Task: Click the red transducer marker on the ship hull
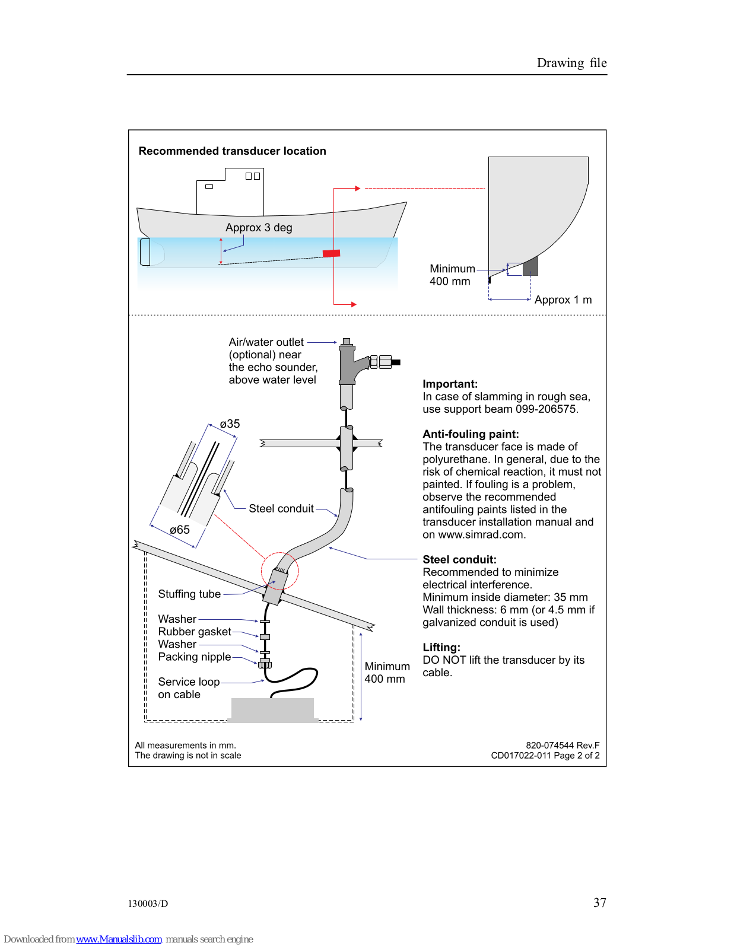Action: (331, 253)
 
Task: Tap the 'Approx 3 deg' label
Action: (259, 228)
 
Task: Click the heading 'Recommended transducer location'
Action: (232, 151)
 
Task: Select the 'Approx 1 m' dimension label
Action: (563, 300)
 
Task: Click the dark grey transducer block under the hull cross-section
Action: (530, 266)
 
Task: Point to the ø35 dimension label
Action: (230, 424)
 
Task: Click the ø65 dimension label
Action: (180, 530)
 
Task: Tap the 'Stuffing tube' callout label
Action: (189, 594)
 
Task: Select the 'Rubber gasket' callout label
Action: (195, 632)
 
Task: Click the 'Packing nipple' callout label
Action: (195, 657)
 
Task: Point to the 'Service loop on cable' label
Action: (188, 688)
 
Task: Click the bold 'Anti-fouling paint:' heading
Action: (471, 434)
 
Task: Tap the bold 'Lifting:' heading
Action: (441, 648)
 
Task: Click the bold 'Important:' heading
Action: (450, 384)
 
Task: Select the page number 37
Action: (599, 903)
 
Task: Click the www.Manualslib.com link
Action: (119, 939)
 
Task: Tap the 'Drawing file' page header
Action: (571, 63)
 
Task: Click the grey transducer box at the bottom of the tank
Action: (272, 710)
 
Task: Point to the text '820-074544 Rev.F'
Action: (562, 746)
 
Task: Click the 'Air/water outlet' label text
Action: (266, 342)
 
